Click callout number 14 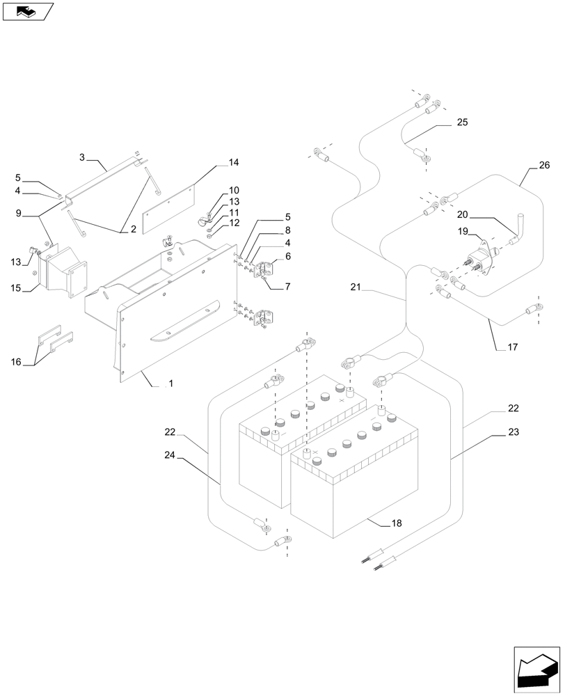tap(233, 163)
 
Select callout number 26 tap(543, 166)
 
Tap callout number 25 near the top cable tap(462, 122)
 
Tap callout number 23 tap(514, 432)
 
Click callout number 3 tap(82, 158)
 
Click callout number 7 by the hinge tap(287, 286)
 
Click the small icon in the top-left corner tap(27, 11)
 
